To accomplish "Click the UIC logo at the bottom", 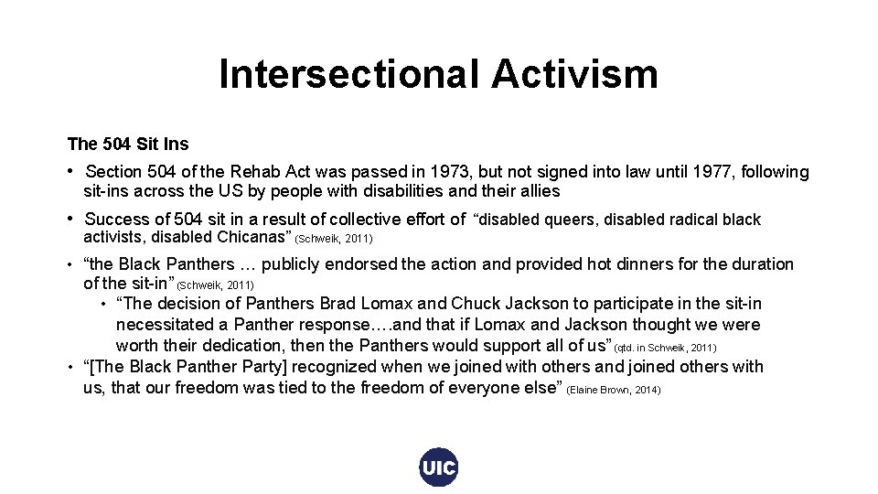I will (x=439, y=468).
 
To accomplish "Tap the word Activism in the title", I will (x=574, y=74).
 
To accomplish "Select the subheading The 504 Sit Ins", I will (x=128, y=144).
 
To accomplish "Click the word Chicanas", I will (x=253, y=237).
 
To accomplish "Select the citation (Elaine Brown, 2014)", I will (x=614, y=390).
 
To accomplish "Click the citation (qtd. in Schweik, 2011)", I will (x=665, y=348).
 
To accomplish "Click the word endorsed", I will (x=364, y=264).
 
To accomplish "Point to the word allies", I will (x=538, y=192).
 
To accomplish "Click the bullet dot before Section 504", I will (x=71, y=171).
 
